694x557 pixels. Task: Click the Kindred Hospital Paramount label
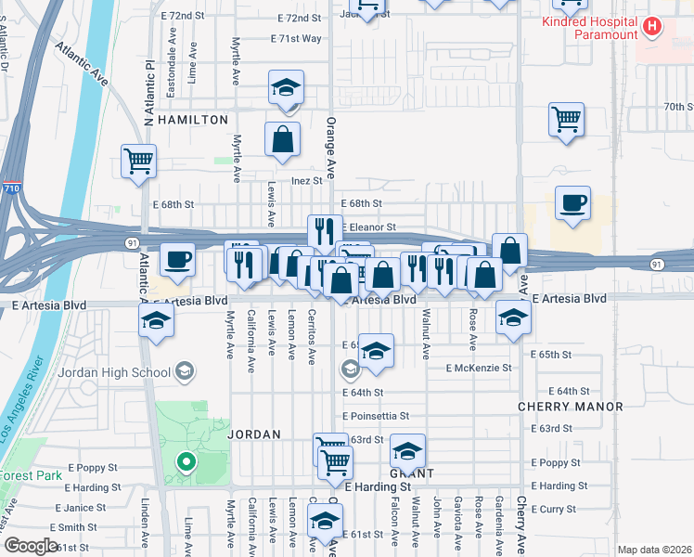click(x=589, y=27)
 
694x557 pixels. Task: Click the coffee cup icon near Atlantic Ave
click(x=177, y=259)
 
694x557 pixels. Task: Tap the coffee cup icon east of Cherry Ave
click(x=572, y=202)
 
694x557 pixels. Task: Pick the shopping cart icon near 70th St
click(x=566, y=119)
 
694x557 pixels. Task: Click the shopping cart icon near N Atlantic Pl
click(x=138, y=161)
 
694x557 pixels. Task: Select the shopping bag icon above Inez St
click(x=282, y=139)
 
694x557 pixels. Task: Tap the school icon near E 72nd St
click(x=285, y=88)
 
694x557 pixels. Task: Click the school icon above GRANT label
click(x=407, y=451)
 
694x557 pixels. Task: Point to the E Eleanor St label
click(x=369, y=227)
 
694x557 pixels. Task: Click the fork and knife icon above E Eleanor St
click(x=325, y=231)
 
